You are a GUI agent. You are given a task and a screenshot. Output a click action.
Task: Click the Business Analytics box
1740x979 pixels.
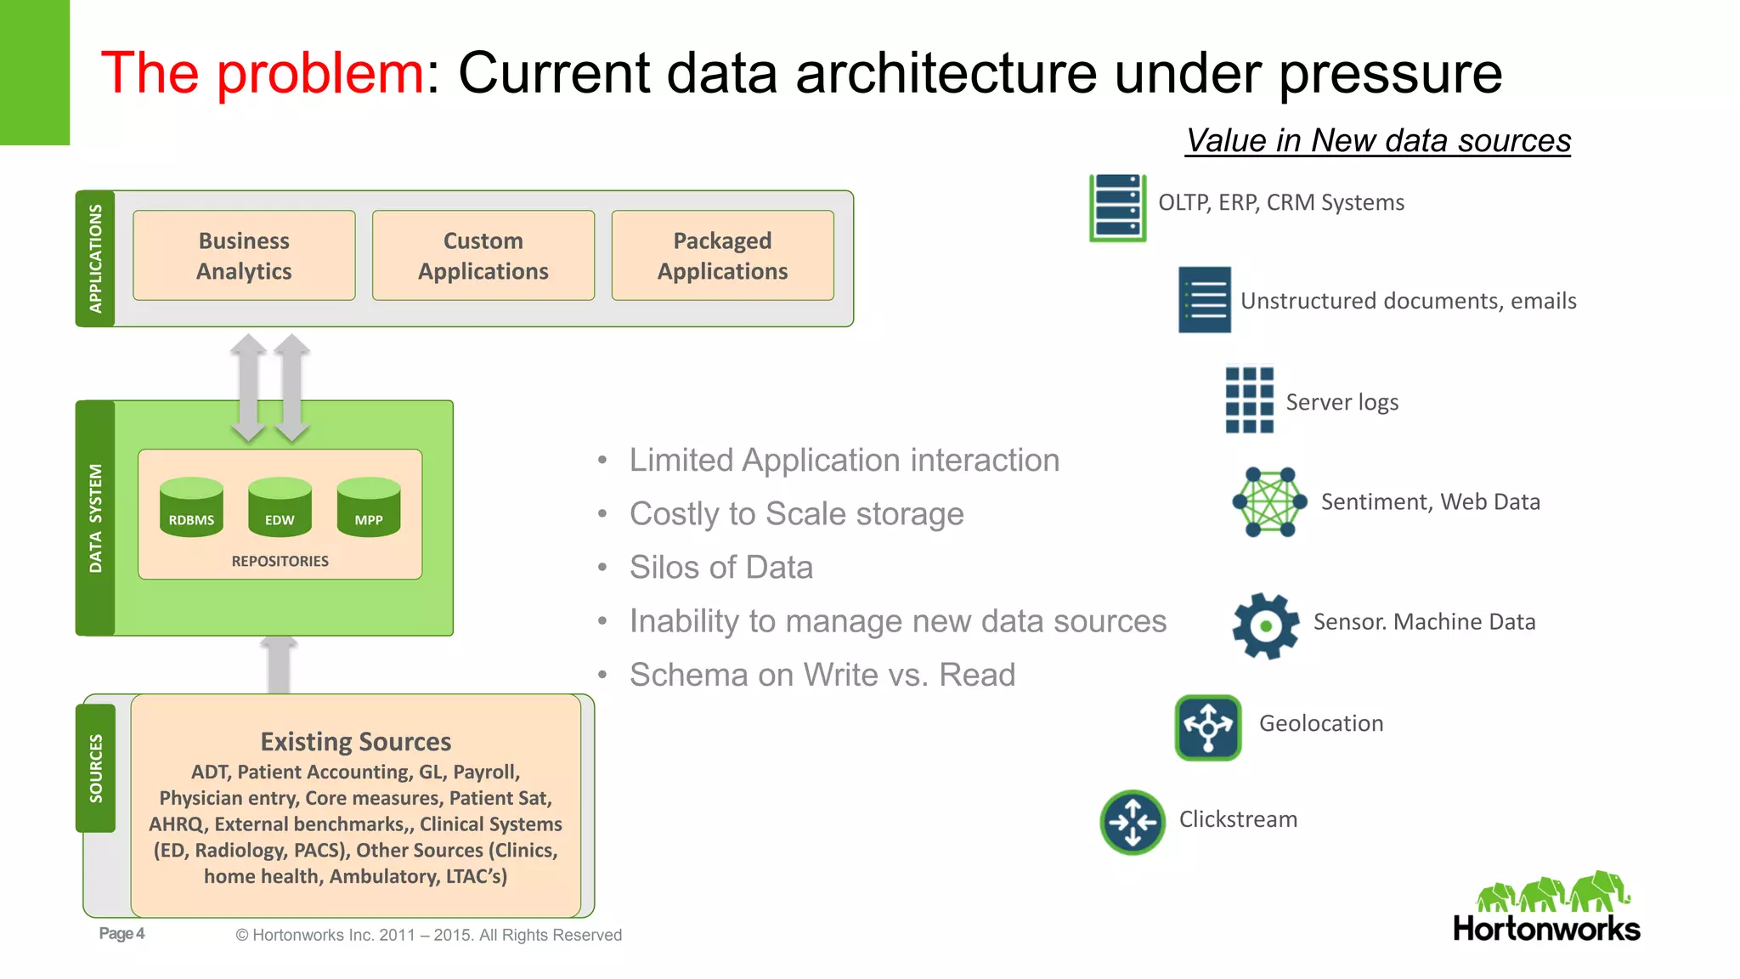[244, 256]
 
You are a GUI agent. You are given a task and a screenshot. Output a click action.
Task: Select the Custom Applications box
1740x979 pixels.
[483, 256]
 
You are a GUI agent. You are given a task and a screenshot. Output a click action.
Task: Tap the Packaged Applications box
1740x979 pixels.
[722, 256]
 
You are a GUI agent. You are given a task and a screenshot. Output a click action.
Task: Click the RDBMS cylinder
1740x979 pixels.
[191, 508]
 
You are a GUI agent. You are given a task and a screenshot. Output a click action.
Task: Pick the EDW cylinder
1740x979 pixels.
[280, 508]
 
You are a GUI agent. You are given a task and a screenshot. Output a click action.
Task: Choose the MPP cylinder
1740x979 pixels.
[368, 508]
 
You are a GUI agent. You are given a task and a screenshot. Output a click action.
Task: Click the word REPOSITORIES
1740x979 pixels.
[280, 561]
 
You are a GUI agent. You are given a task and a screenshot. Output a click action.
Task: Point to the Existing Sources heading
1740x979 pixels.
[355, 741]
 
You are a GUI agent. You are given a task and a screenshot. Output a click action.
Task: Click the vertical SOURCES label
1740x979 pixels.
[96, 767]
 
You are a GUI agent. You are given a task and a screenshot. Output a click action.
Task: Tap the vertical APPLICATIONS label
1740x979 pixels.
[95, 258]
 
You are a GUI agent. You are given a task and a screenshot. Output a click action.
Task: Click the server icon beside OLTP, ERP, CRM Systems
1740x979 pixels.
[1117, 207]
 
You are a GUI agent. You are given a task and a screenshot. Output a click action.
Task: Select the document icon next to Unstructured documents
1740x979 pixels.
[1204, 300]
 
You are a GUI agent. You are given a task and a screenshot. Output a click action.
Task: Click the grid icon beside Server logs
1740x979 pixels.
[1249, 399]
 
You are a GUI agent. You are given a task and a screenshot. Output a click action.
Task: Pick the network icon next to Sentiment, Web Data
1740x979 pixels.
[1269, 501]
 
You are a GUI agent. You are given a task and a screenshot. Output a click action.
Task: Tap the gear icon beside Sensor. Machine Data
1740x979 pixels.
[1265, 625]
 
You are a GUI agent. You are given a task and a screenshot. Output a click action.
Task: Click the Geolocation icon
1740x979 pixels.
[1207, 727]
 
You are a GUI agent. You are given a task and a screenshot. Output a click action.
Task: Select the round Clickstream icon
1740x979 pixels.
[1132, 822]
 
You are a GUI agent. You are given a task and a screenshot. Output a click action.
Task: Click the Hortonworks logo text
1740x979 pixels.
[1546, 928]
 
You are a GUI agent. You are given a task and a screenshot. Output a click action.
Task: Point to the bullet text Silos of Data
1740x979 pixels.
[720, 567]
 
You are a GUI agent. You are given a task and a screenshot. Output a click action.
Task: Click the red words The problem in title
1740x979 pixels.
[262, 73]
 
